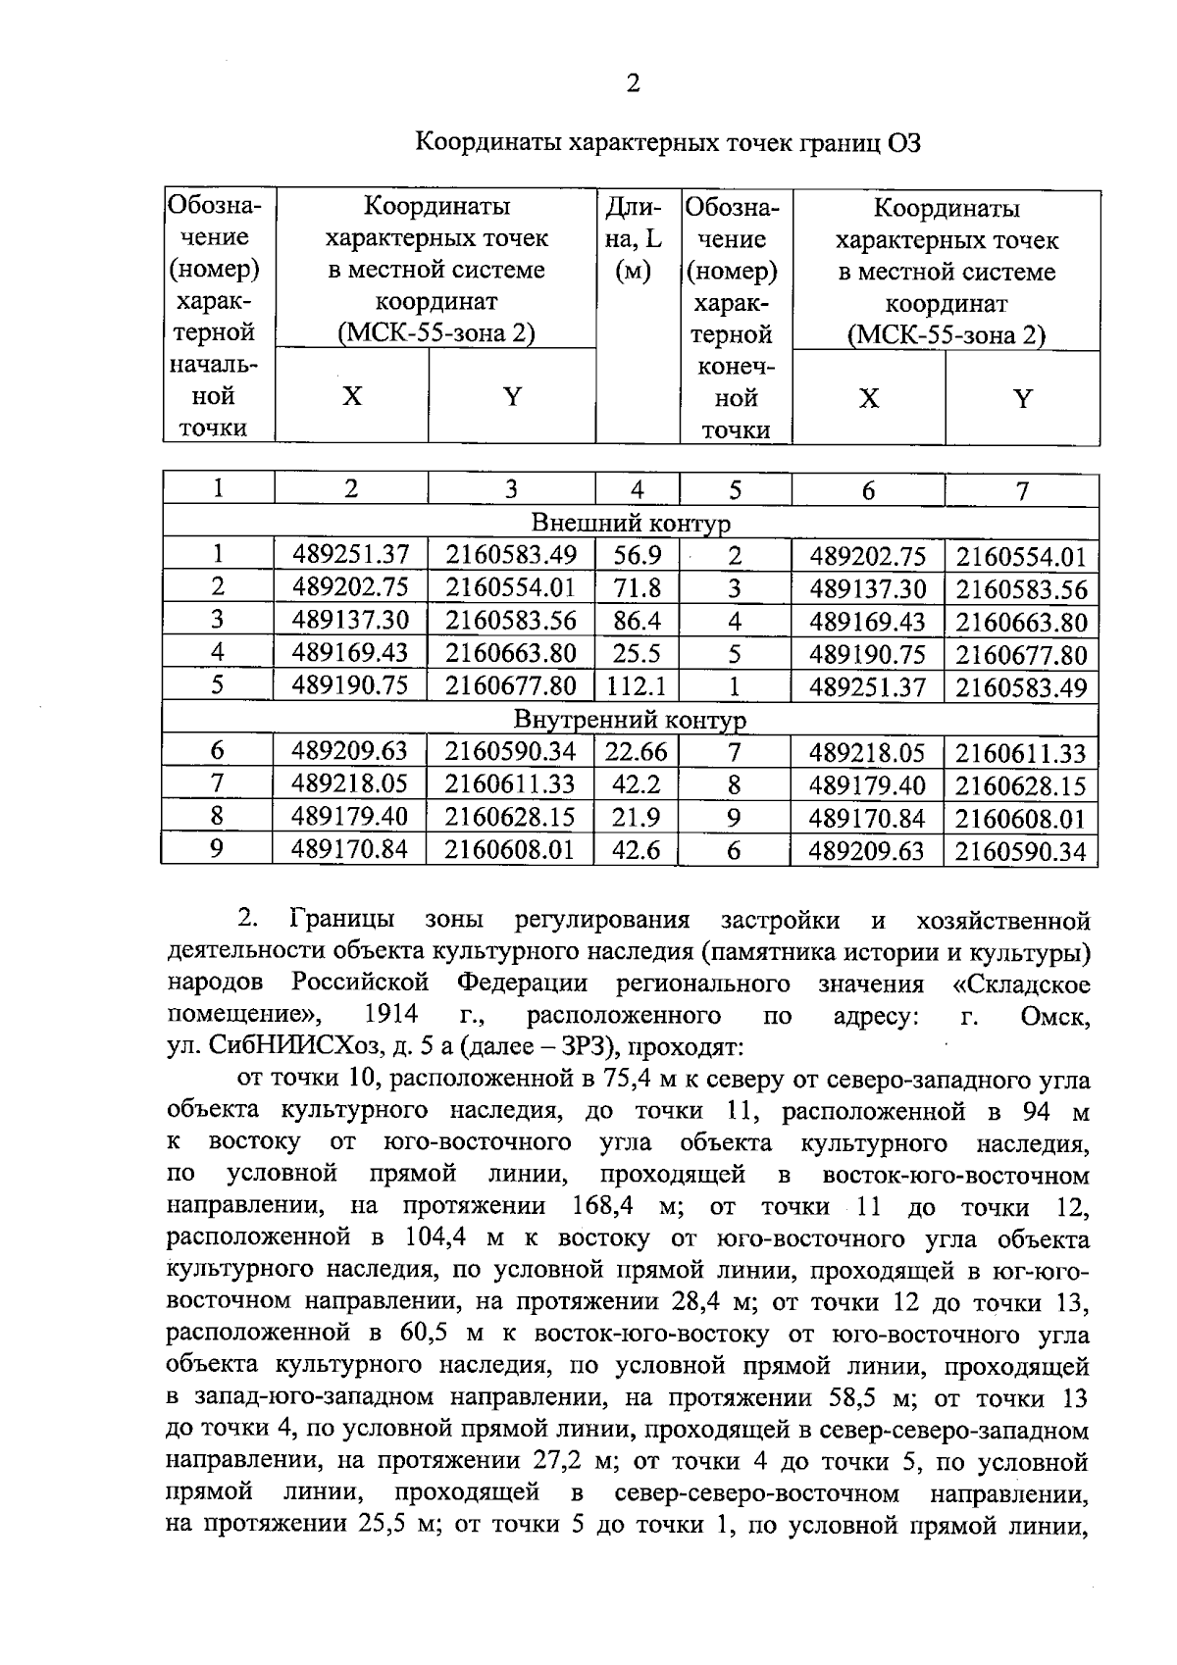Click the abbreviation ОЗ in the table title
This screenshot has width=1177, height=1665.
903,143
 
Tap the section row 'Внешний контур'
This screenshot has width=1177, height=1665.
631,523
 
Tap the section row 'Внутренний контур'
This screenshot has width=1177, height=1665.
631,721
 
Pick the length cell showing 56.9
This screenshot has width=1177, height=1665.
637,556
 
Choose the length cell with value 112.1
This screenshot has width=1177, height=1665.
637,685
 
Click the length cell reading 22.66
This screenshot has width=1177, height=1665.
637,752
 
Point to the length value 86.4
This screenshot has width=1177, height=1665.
637,621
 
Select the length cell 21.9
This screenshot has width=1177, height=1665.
637,817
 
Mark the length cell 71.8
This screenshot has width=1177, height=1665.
637,588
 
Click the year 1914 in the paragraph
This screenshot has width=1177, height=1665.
390,1015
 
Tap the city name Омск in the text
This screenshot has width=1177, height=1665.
1054,1016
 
